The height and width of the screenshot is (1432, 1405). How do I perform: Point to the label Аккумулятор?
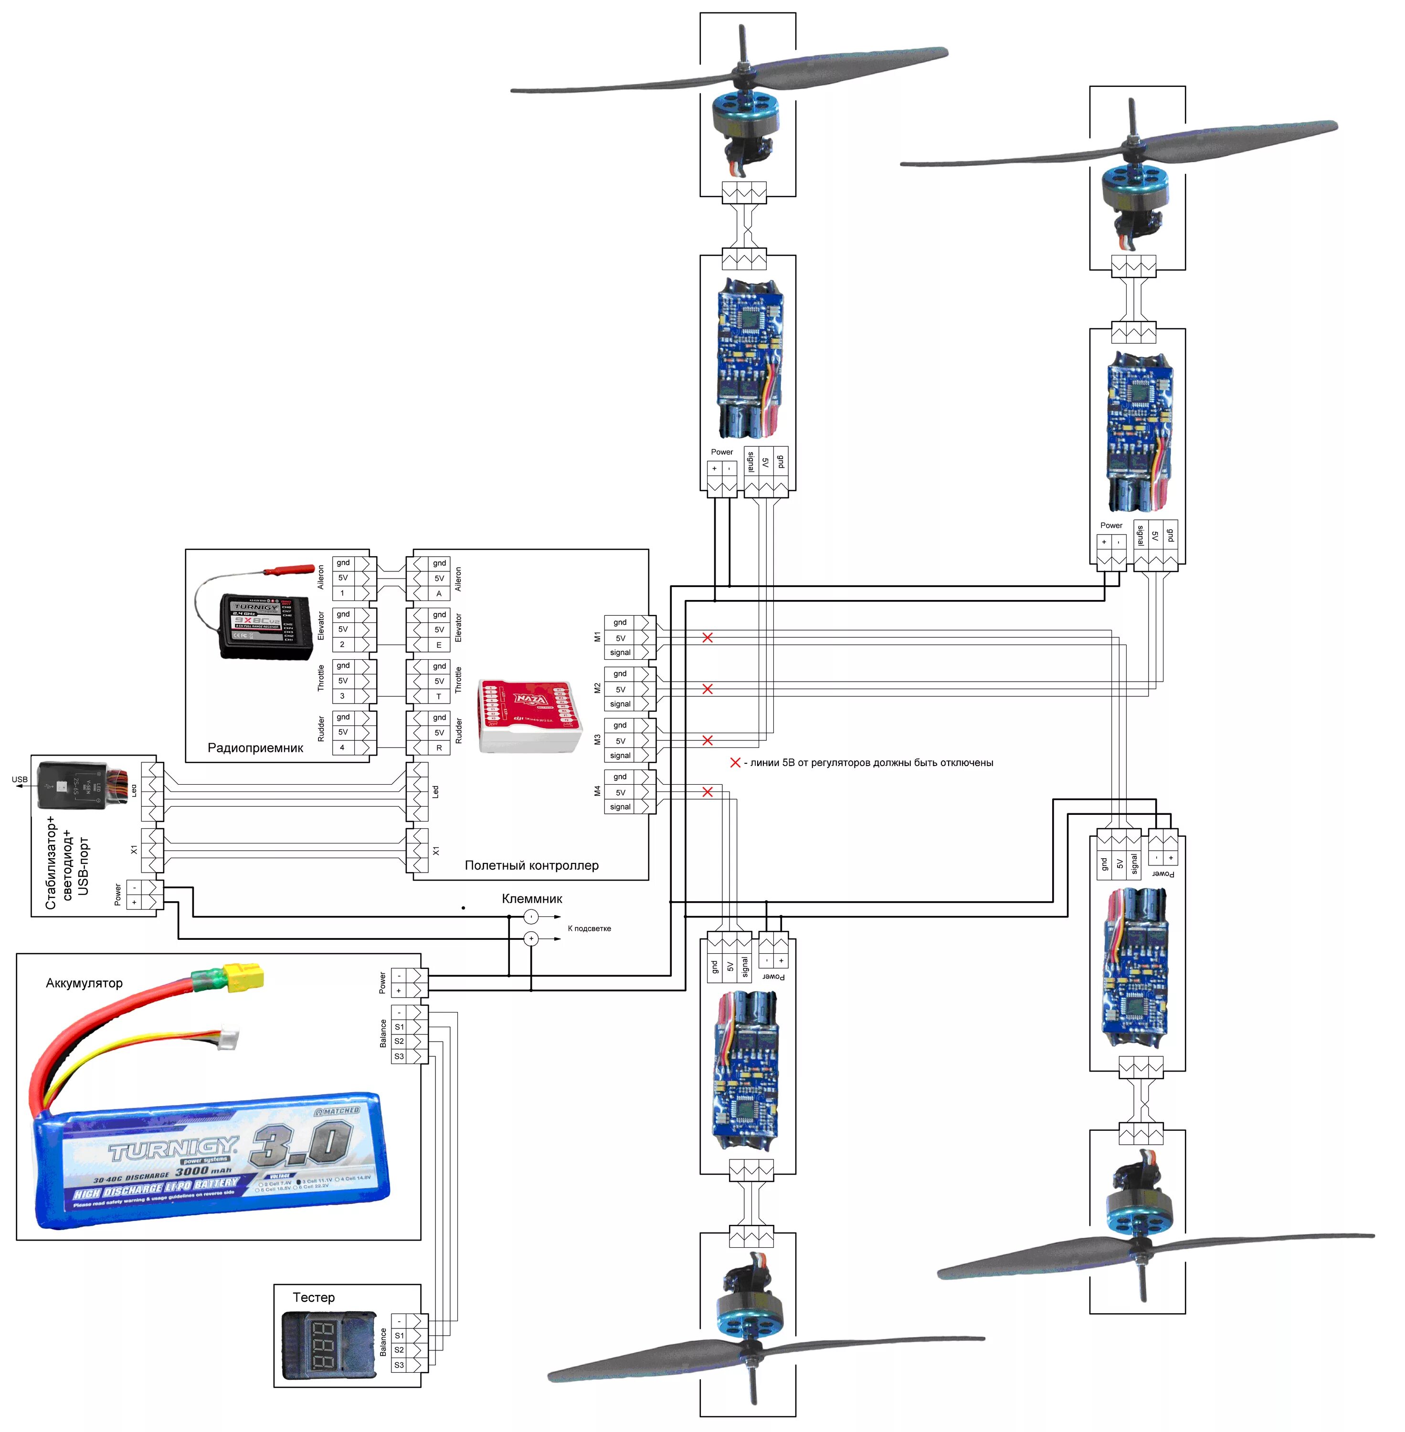click(84, 983)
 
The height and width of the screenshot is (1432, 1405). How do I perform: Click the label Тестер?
click(314, 1297)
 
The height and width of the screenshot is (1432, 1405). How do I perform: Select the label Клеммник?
click(531, 899)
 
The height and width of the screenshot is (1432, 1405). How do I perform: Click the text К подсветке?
click(589, 928)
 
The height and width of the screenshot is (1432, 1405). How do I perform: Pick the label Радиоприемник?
click(255, 748)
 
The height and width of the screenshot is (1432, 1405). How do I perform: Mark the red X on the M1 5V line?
click(707, 637)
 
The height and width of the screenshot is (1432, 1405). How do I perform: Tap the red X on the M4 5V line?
click(707, 791)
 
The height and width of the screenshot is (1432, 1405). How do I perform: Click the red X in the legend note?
click(735, 763)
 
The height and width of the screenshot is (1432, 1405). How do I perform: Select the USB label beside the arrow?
click(20, 779)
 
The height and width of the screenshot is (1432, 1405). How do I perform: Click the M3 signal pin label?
click(620, 756)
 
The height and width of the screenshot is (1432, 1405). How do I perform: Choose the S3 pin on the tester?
click(399, 1365)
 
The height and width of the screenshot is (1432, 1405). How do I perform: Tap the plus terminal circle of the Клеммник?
click(530, 938)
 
